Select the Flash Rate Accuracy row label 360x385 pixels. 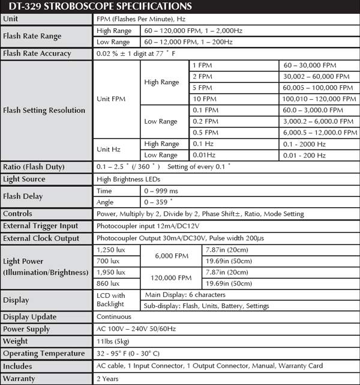pyautogui.click(x=37, y=53)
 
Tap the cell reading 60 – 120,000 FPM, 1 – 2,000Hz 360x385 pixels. pyautogui.click(x=197, y=30)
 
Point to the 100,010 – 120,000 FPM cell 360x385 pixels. pyautogui.click(x=316, y=99)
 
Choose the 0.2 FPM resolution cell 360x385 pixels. pyautogui.click(x=206, y=121)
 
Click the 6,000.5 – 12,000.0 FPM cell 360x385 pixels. pyautogui.click(x=316, y=133)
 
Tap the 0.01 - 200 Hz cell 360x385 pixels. pyautogui.click(x=305, y=156)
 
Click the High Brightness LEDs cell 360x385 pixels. pyautogui.click(x=131, y=179)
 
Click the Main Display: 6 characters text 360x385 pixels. pyautogui.click(x=186, y=294)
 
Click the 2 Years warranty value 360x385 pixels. pyautogui.click(x=108, y=378)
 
